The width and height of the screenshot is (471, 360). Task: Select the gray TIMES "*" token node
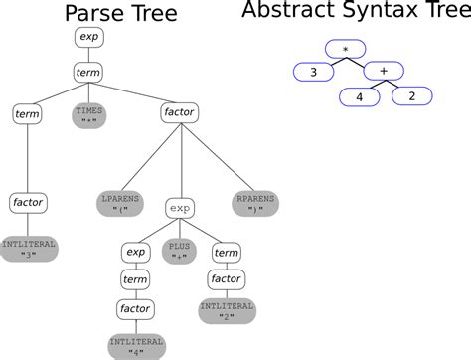89,115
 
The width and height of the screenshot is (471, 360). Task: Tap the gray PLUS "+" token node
180,253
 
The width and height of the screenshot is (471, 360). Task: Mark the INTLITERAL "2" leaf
226,312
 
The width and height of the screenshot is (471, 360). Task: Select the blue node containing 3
313,72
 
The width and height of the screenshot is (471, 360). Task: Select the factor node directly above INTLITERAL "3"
27,203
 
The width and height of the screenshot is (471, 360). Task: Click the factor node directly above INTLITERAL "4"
135,309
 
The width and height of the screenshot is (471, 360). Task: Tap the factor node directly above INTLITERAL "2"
226,280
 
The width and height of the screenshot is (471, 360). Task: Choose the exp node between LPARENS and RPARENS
180,209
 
